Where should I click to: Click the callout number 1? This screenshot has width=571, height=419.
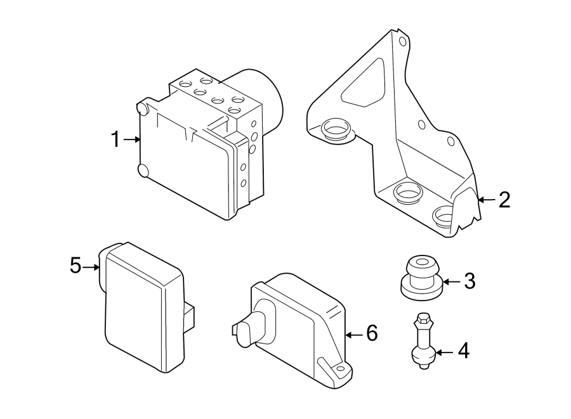[x=115, y=139]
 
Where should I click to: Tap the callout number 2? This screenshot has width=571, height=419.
[x=504, y=200]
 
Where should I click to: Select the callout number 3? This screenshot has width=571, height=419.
[x=469, y=281]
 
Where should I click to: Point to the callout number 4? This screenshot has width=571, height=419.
[x=464, y=351]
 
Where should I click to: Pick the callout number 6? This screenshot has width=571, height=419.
[x=371, y=333]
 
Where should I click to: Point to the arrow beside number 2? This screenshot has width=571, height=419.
[x=485, y=200]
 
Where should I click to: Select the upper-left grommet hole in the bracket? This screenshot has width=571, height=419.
[x=336, y=130]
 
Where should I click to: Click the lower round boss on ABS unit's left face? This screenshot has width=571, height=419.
[x=144, y=171]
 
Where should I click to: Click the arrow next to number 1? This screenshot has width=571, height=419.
[x=133, y=139]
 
